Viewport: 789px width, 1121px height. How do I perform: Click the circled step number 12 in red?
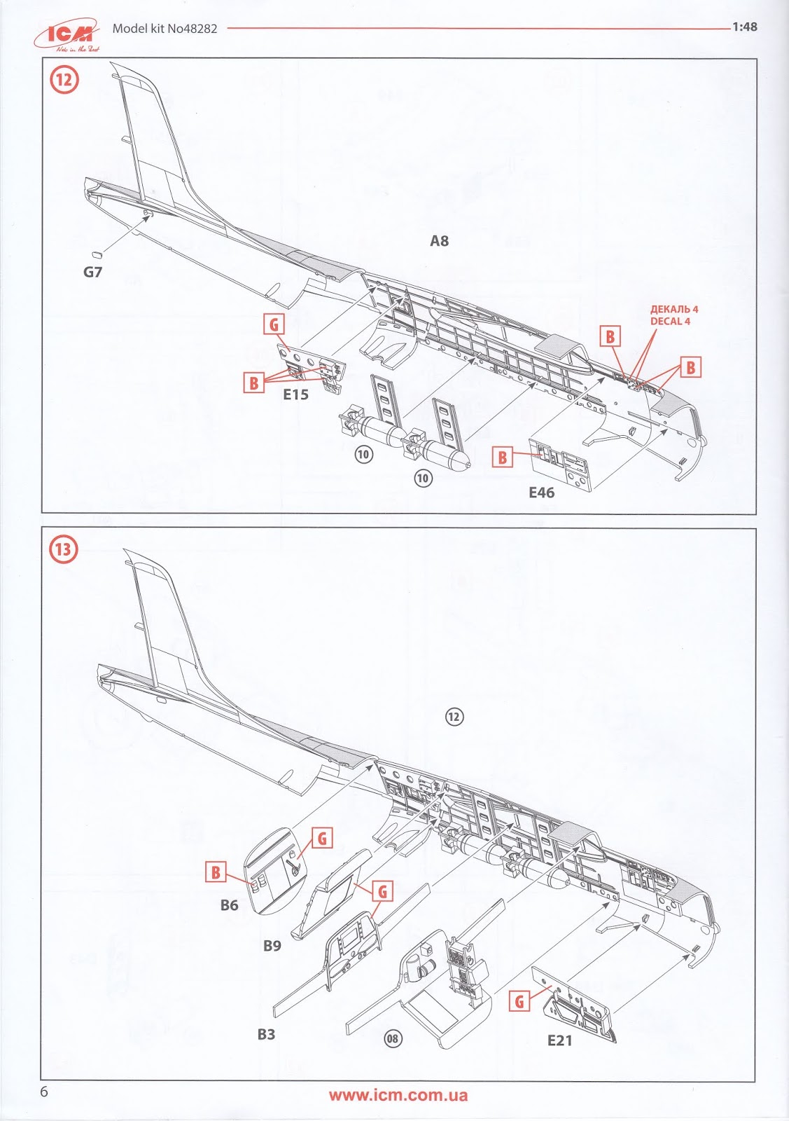click(x=63, y=79)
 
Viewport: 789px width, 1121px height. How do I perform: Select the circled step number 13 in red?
click(x=63, y=548)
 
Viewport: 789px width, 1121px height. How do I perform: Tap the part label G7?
click(x=92, y=272)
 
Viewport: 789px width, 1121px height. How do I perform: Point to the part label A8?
click(x=439, y=241)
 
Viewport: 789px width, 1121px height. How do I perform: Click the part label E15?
click(x=295, y=394)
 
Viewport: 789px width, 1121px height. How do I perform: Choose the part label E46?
click(x=541, y=493)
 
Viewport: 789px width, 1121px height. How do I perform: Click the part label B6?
click(x=229, y=905)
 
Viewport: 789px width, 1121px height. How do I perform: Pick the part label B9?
click(x=272, y=946)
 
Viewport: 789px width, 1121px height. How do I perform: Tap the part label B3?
click(x=266, y=1034)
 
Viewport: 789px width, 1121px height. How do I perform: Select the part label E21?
click(x=560, y=1040)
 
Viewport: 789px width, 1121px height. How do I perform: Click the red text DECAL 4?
click(x=674, y=321)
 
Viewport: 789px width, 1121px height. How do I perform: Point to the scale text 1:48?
click(x=744, y=27)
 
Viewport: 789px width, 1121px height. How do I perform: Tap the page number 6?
click(x=44, y=1092)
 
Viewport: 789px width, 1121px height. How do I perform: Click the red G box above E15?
click(x=274, y=324)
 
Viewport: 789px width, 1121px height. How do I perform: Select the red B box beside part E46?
click(x=502, y=458)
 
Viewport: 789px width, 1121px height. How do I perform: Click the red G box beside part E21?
click(x=519, y=1002)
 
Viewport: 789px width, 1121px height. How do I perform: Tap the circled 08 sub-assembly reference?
click(x=393, y=1038)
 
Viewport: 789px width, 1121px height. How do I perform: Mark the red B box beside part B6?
click(x=216, y=872)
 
